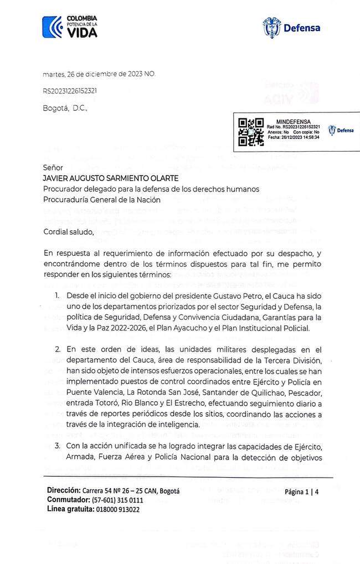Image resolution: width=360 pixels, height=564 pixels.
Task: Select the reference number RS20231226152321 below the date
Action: [71, 90]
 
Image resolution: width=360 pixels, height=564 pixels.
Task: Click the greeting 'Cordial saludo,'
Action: [69, 231]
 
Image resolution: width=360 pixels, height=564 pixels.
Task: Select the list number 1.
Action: [58, 296]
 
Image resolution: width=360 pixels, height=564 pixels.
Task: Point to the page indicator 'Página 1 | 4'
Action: [302, 491]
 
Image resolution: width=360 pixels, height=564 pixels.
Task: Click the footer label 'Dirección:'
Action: [63, 490]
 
